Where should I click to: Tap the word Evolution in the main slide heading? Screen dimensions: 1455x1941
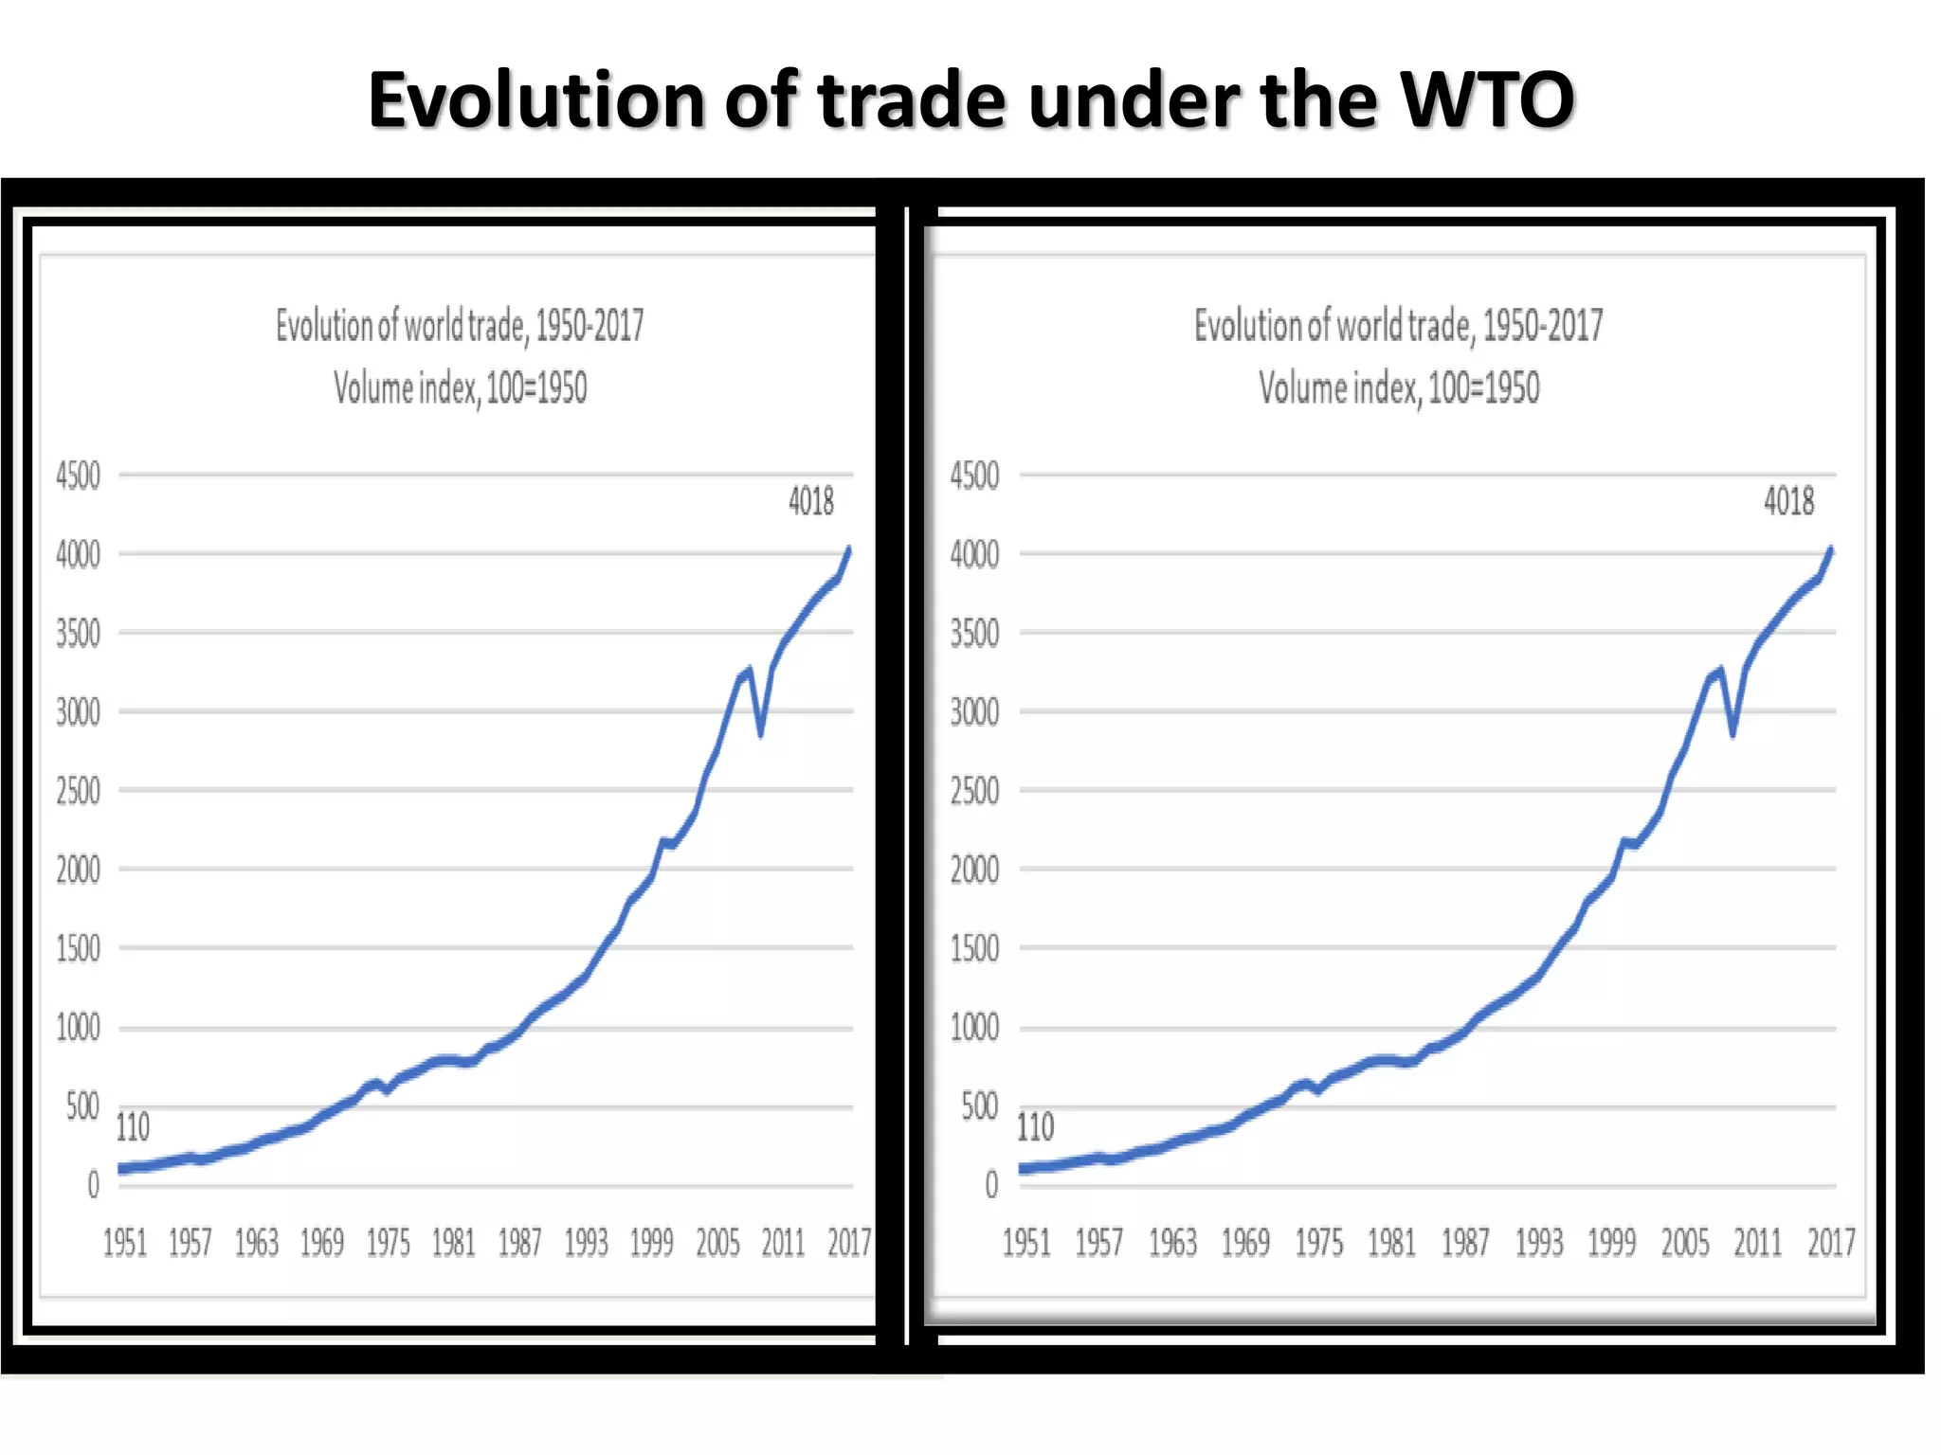(535, 99)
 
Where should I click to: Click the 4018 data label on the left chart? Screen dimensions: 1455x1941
(811, 501)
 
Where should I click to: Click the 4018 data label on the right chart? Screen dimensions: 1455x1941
(1788, 501)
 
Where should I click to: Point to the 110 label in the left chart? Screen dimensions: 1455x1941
(133, 1127)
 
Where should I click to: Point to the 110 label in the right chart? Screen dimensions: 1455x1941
(1035, 1127)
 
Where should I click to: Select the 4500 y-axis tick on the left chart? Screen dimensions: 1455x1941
(78, 476)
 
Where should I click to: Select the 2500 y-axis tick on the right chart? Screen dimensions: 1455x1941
(974, 791)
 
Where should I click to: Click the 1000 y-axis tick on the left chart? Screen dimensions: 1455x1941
(78, 1028)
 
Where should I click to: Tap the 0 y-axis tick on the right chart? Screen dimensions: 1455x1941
(991, 1185)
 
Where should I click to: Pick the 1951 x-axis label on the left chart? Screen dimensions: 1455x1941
(125, 1243)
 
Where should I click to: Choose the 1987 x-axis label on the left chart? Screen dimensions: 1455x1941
(519, 1243)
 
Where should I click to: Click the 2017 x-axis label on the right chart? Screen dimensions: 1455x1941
(1831, 1243)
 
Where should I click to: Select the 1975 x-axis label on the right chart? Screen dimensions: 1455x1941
(1319, 1243)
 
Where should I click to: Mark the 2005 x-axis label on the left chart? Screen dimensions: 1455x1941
(717, 1243)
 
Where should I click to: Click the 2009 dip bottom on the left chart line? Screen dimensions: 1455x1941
(761, 733)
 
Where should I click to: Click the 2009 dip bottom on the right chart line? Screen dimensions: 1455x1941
(1733, 734)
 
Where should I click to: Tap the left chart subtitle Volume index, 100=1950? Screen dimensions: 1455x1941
(461, 388)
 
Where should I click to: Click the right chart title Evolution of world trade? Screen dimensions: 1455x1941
(1398, 326)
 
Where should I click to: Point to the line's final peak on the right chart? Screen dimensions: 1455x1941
(1831, 548)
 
